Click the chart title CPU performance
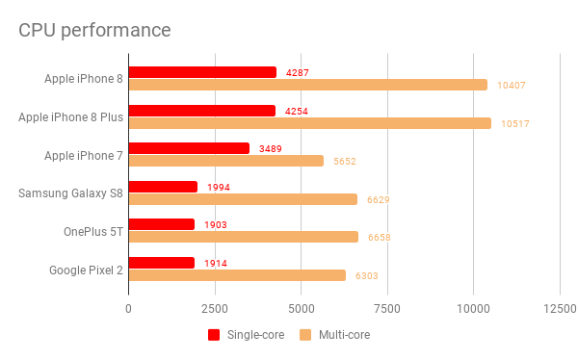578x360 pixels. coord(95,30)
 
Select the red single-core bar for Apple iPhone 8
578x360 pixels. coord(202,72)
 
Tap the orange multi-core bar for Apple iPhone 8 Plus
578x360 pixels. coord(309,123)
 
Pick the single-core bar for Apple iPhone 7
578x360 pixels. coord(189,148)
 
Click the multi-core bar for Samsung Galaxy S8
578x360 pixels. coord(243,199)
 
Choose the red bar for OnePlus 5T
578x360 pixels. coord(162,224)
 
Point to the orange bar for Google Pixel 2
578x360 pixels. coord(237,275)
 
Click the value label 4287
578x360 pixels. coord(298,72)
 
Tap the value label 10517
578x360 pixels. coord(513,123)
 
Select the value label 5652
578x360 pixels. coord(345,162)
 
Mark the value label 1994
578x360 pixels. coord(219,187)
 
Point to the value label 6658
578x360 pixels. coord(379,237)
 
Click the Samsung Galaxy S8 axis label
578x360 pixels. coord(70,193)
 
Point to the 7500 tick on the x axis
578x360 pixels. coord(387,309)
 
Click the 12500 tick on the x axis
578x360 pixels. coord(560,309)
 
